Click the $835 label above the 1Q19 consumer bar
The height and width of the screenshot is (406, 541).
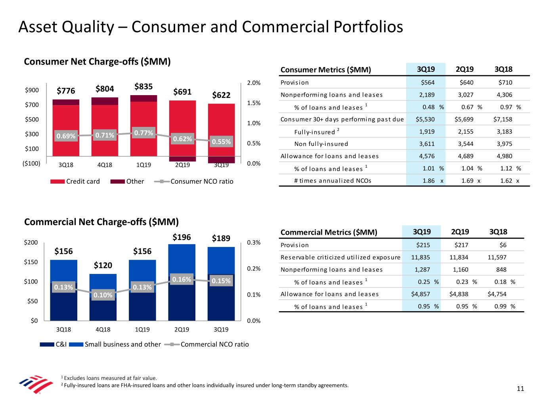pyautogui.click(x=143, y=86)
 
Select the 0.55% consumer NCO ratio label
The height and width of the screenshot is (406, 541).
pyautogui.click(x=221, y=142)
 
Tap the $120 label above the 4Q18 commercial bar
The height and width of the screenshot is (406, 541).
pyautogui.click(x=103, y=265)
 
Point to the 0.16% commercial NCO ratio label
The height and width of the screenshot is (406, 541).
pyautogui.click(x=182, y=280)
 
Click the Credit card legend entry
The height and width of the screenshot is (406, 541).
pyautogui.click(x=75, y=181)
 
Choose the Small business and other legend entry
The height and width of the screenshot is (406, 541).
pyautogui.click(x=115, y=344)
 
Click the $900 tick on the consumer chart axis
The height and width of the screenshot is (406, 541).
pyautogui.click(x=32, y=90)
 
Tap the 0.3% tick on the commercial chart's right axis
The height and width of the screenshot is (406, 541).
pyautogui.click(x=254, y=242)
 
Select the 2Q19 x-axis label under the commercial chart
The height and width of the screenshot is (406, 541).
pyautogui.click(x=182, y=329)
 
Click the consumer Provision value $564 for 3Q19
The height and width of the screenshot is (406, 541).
pyautogui.click(x=428, y=82)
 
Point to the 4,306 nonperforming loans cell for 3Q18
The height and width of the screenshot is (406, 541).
pyautogui.click(x=505, y=95)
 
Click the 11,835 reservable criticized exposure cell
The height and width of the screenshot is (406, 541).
pyautogui.click(x=421, y=257)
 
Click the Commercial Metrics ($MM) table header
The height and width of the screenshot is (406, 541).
pyautogui.click(x=329, y=232)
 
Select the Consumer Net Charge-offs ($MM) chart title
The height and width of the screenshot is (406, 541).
pyautogui.click(x=97, y=61)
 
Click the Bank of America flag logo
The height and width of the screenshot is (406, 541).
pyautogui.click(x=36, y=384)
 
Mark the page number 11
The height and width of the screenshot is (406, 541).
pyautogui.click(x=520, y=389)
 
